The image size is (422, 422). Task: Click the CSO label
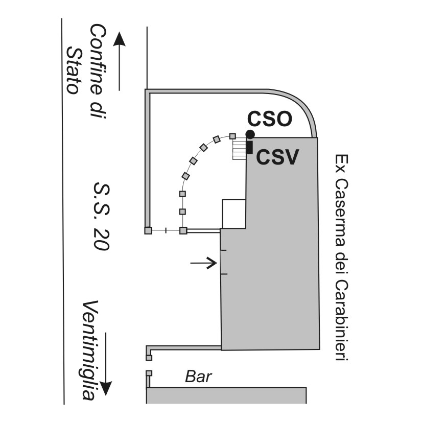point(269,119)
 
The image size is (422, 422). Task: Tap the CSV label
point(277,157)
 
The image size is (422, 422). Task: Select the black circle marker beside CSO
point(250,134)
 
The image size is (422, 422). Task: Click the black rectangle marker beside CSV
point(249,147)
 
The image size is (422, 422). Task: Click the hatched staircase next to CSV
point(239,149)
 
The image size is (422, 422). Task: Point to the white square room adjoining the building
point(234,214)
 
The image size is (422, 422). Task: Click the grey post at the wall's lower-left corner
point(148,230)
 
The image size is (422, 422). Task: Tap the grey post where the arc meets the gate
point(183,230)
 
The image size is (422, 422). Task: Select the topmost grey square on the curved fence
point(232,136)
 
